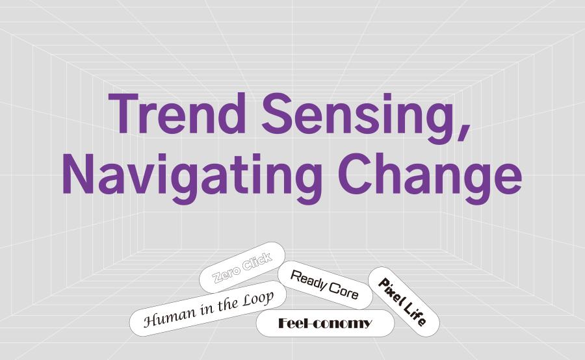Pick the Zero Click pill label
click(242, 267)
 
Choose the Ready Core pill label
click(324, 285)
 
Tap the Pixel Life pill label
click(403, 302)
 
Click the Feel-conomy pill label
click(325, 323)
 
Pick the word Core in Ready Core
click(344, 290)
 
